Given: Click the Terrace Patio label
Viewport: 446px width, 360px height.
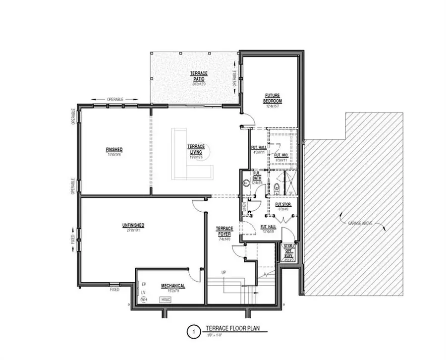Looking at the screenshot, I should [x=199, y=76].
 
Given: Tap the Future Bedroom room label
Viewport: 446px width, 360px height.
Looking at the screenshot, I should [x=273, y=98].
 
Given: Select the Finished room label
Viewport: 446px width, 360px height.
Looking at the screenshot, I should [x=114, y=149].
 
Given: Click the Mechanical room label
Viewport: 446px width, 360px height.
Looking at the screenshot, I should [x=172, y=286].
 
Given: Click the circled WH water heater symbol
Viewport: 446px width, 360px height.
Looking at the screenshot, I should [x=144, y=300].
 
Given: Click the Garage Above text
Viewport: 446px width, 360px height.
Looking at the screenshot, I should [x=361, y=223].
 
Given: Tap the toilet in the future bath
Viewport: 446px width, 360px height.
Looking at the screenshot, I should [x=276, y=187].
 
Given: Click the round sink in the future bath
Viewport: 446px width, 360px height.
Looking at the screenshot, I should [x=245, y=182].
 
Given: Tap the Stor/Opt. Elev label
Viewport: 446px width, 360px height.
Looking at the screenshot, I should [x=288, y=251].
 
